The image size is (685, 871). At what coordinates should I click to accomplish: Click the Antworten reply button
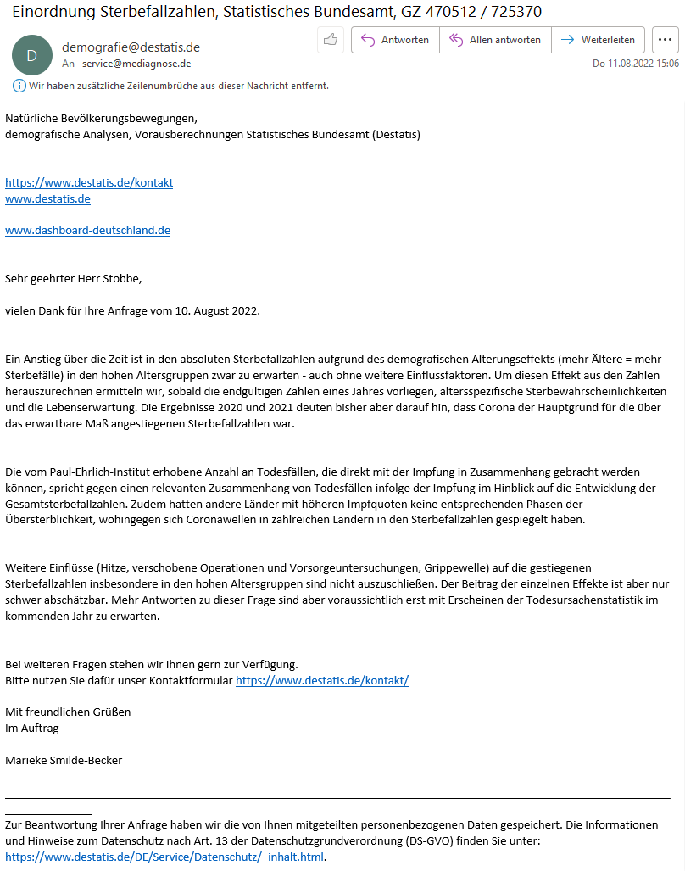[x=395, y=40]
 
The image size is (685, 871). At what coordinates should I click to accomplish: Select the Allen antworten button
[x=495, y=40]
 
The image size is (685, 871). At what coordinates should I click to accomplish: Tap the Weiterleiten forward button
[x=598, y=40]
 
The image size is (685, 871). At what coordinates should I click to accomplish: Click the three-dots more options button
[x=665, y=40]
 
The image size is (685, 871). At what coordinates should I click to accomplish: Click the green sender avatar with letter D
[x=31, y=55]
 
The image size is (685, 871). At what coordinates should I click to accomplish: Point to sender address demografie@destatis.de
[x=131, y=47]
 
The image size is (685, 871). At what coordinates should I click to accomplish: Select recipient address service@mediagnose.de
[x=136, y=64]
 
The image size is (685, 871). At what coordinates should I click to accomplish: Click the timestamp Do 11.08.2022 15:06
[x=635, y=64]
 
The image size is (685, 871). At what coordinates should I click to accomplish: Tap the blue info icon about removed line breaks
[x=19, y=86]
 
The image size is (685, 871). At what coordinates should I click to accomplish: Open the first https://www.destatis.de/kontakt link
[x=89, y=182]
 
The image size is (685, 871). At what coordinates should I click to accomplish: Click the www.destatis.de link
[x=47, y=198]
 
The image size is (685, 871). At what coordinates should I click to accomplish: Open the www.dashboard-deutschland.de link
[x=87, y=230]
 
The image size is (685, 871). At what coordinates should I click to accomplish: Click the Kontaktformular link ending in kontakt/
[x=322, y=680]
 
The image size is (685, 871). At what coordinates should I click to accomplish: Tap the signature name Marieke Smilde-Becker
[x=64, y=760]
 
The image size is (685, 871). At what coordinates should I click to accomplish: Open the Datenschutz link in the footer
[x=164, y=857]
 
